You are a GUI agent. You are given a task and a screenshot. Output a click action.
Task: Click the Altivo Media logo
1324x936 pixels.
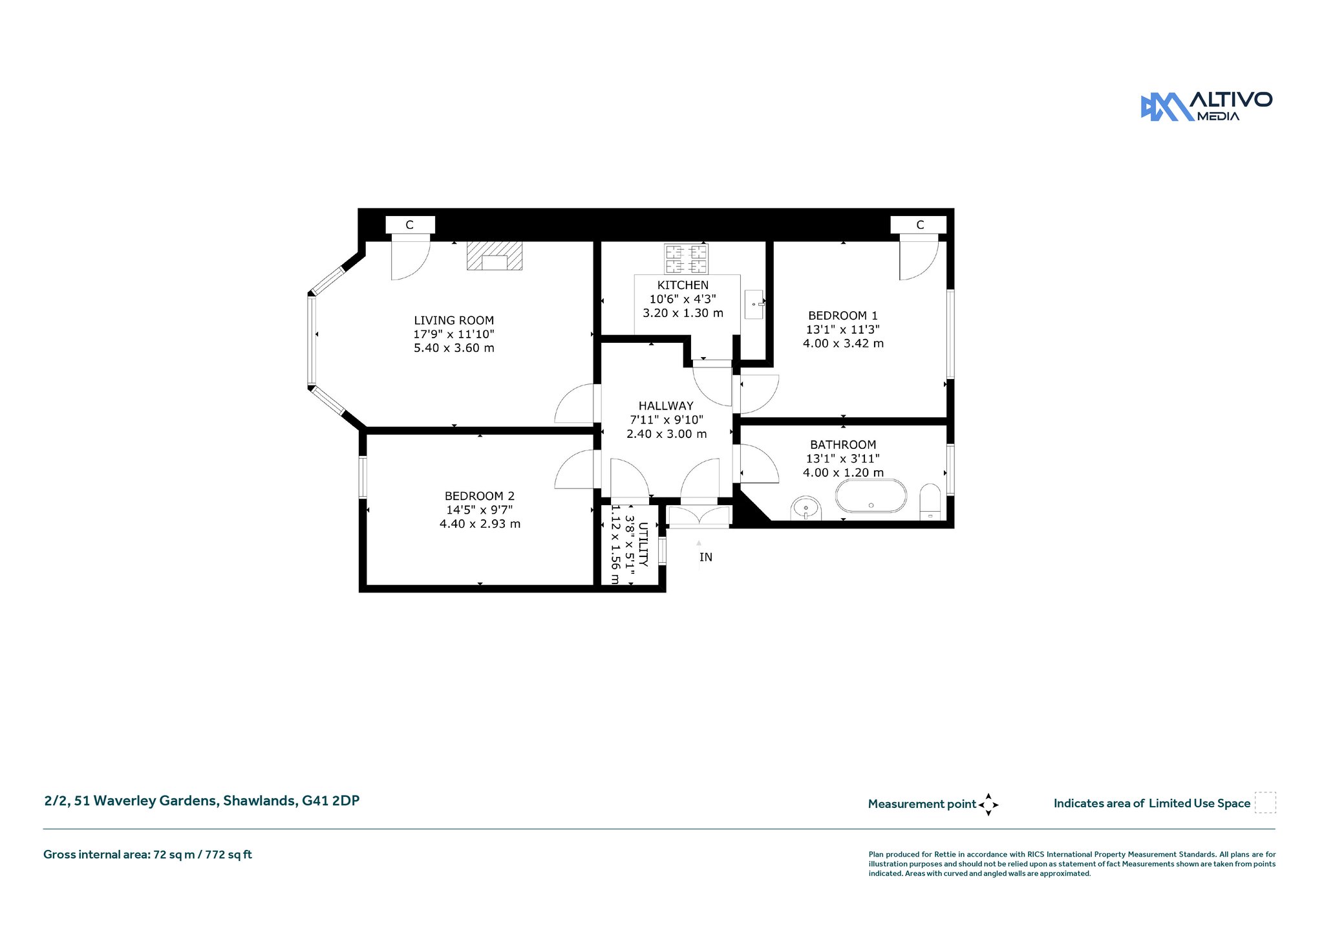(1206, 106)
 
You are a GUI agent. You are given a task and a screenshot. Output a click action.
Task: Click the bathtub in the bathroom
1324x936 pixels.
(871, 496)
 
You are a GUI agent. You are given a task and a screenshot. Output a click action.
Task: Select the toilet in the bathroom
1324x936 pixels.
(930, 501)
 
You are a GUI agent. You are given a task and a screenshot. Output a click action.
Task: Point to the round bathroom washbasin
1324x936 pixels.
(806, 508)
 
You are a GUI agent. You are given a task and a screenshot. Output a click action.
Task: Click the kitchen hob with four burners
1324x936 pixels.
(686, 259)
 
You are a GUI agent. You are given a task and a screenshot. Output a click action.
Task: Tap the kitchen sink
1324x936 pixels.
(754, 304)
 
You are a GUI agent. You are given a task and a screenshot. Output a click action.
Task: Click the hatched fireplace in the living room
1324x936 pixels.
(495, 256)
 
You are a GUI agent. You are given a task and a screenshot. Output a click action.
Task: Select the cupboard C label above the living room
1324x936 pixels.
(409, 225)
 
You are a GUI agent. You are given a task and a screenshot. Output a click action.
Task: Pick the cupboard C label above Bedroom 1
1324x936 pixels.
(920, 225)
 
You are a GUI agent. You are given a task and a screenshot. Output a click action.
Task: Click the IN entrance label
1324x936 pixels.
(706, 557)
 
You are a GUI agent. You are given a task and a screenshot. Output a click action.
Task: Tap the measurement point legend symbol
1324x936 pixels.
(988, 805)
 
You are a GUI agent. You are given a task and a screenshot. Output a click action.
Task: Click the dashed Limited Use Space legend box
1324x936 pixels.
(1265, 803)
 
